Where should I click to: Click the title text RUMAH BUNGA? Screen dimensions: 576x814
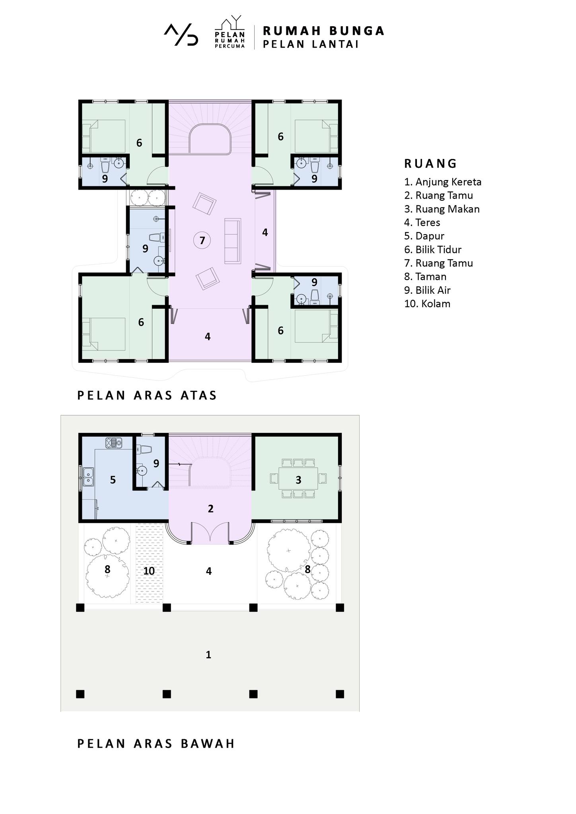pyautogui.click(x=323, y=31)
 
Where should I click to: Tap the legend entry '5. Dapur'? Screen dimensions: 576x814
pyautogui.click(x=424, y=236)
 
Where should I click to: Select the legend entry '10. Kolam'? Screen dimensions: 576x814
pyautogui.click(x=427, y=304)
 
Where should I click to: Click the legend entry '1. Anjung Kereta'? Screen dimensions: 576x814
pyautogui.click(x=443, y=182)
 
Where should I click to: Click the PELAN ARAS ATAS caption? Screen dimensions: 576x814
pyautogui.click(x=147, y=395)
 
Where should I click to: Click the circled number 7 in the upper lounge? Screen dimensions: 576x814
pyautogui.click(x=202, y=240)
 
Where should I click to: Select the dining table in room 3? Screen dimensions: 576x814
pyautogui.click(x=298, y=480)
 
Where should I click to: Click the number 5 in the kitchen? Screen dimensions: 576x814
pyautogui.click(x=113, y=480)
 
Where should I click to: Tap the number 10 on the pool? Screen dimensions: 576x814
pyautogui.click(x=149, y=571)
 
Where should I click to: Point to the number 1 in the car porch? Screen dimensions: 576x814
pyautogui.click(x=208, y=655)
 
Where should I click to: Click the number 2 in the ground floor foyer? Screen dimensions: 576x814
pyautogui.click(x=211, y=508)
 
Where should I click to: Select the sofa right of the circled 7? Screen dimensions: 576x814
pyautogui.click(x=232, y=241)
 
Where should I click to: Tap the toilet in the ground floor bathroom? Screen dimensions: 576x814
pyautogui.click(x=146, y=450)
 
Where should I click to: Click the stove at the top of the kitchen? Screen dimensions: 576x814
pyautogui.click(x=113, y=443)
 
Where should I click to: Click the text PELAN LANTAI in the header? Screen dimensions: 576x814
pyautogui.click(x=311, y=45)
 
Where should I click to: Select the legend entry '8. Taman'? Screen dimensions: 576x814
pyautogui.click(x=425, y=277)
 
